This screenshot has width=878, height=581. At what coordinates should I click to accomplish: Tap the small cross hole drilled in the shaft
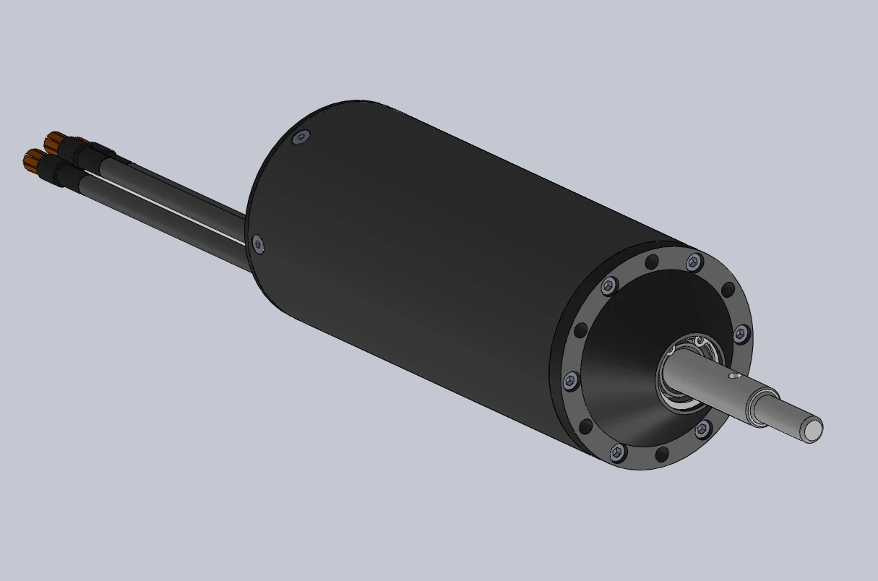tap(734, 376)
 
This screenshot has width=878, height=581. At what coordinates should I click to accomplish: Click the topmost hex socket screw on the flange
tap(694, 261)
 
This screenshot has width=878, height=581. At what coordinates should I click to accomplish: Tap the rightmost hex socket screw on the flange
tap(741, 334)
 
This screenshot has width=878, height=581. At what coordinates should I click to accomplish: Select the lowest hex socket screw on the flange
tap(616, 452)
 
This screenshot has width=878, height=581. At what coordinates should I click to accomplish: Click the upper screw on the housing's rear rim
tap(301, 137)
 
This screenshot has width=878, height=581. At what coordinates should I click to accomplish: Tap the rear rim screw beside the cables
tap(257, 244)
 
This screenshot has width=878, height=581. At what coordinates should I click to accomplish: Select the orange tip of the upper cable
tap(53, 139)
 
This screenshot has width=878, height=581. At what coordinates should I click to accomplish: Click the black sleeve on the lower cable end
tap(56, 171)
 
